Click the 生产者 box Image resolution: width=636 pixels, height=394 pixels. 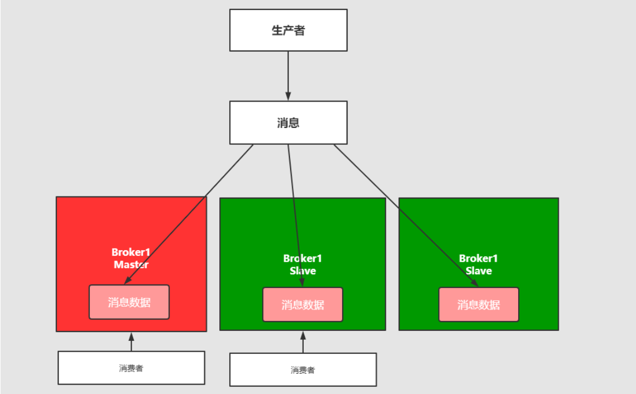pyautogui.click(x=288, y=30)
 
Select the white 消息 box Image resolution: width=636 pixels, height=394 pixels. pyautogui.click(x=288, y=122)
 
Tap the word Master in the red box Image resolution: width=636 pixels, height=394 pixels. pyautogui.click(x=131, y=264)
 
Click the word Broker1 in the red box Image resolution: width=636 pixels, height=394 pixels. pyautogui.click(x=131, y=252)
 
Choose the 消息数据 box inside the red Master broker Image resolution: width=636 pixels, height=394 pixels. pyautogui.click(x=129, y=302)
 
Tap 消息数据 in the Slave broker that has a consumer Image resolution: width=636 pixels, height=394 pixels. pyautogui.click(x=303, y=305)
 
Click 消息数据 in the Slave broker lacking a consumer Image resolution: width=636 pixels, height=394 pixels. pyautogui.click(x=479, y=305)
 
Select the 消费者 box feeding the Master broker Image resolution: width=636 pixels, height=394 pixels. pyautogui.click(x=131, y=368)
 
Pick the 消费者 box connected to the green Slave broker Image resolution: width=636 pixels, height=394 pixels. pyautogui.click(x=303, y=370)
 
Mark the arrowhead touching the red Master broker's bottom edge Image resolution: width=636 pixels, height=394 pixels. pyautogui.click(x=131, y=336)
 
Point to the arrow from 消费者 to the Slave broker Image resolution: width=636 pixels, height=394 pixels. pyautogui.click(x=303, y=343)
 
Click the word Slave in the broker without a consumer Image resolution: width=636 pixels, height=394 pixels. pyautogui.click(x=479, y=271)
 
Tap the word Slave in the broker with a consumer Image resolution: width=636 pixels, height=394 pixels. pyautogui.click(x=303, y=271)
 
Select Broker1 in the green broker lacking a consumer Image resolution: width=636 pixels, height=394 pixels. pyautogui.click(x=479, y=258)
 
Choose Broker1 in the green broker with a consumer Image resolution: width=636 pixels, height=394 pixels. pyautogui.click(x=303, y=258)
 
